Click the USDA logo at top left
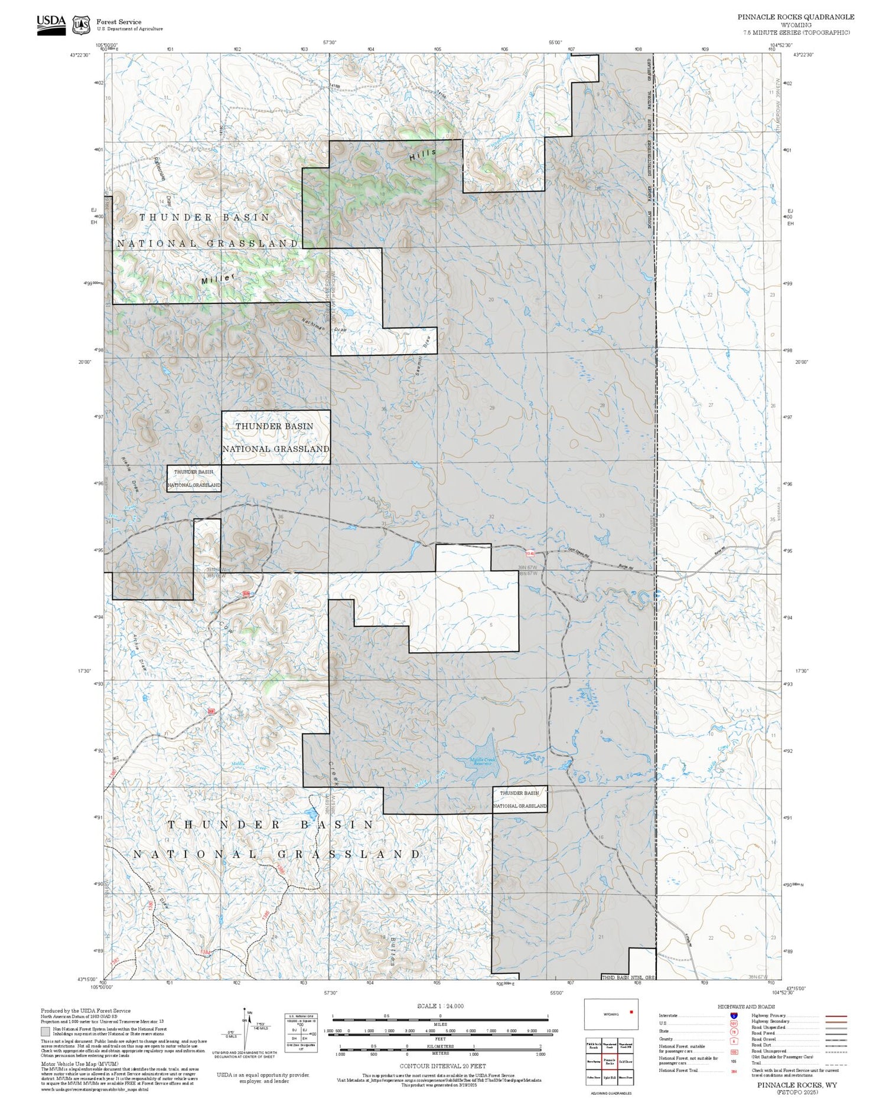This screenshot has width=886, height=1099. point(51,25)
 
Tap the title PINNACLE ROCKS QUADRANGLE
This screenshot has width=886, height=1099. point(795,17)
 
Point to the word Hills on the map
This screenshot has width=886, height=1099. point(423,155)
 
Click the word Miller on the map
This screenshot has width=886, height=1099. point(218,279)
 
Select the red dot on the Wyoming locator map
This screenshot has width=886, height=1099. point(631,1012)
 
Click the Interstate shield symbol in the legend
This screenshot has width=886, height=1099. point(734,1015)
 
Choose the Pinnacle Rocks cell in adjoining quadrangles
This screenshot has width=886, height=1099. point(610,1061)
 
